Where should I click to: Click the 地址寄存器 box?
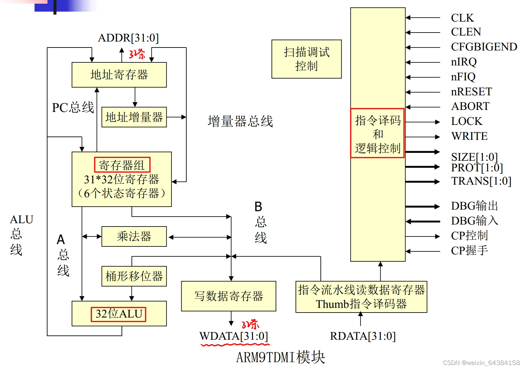pos(119,75)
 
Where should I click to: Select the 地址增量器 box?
pos(134,117)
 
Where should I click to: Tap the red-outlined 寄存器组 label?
pos(122,165)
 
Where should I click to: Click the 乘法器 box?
pos(134,236)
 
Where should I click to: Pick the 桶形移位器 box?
pos(134,276)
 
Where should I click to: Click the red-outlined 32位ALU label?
pos(119,314)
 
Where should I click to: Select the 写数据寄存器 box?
pos(228,296)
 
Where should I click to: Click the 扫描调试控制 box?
pos(306,59)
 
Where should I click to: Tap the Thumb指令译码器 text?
pos(361,304)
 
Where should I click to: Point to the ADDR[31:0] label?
pos(128,38)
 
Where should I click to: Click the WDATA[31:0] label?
pos(233,336)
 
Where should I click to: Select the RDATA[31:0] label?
pos(363,336)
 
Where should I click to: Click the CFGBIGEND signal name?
pos(483,47)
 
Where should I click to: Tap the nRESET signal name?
pos(471,91)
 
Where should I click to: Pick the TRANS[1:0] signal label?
pos(481,181)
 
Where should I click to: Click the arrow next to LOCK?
pos(422,122)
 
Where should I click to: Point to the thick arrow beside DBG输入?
pos(422,221)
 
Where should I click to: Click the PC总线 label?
pos(73,108)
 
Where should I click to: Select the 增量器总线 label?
pos(240,121)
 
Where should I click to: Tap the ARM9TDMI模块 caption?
pos(280,357)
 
